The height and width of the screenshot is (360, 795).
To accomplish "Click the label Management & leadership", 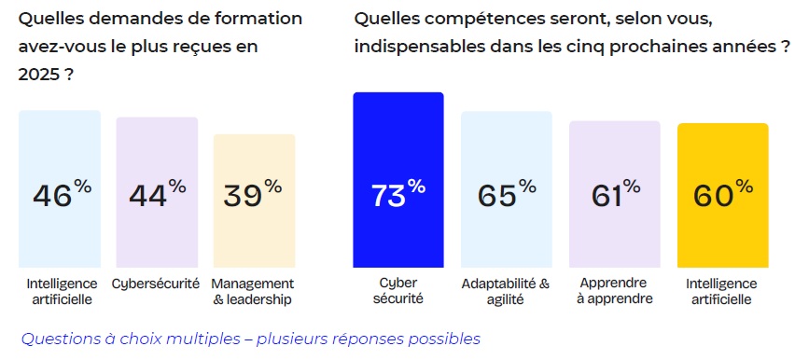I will (x=253, y=291).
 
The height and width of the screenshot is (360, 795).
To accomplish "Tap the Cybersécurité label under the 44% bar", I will (x=156, y=283).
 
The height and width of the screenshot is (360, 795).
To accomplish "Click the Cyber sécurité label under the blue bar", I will (x=397, y=291).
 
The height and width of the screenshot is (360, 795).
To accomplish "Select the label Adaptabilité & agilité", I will (x=506, y=291).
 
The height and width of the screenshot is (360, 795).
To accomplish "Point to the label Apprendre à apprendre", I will (x=615, y=291).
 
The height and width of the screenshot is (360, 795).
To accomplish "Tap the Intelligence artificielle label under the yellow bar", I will (x=722, y=291).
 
